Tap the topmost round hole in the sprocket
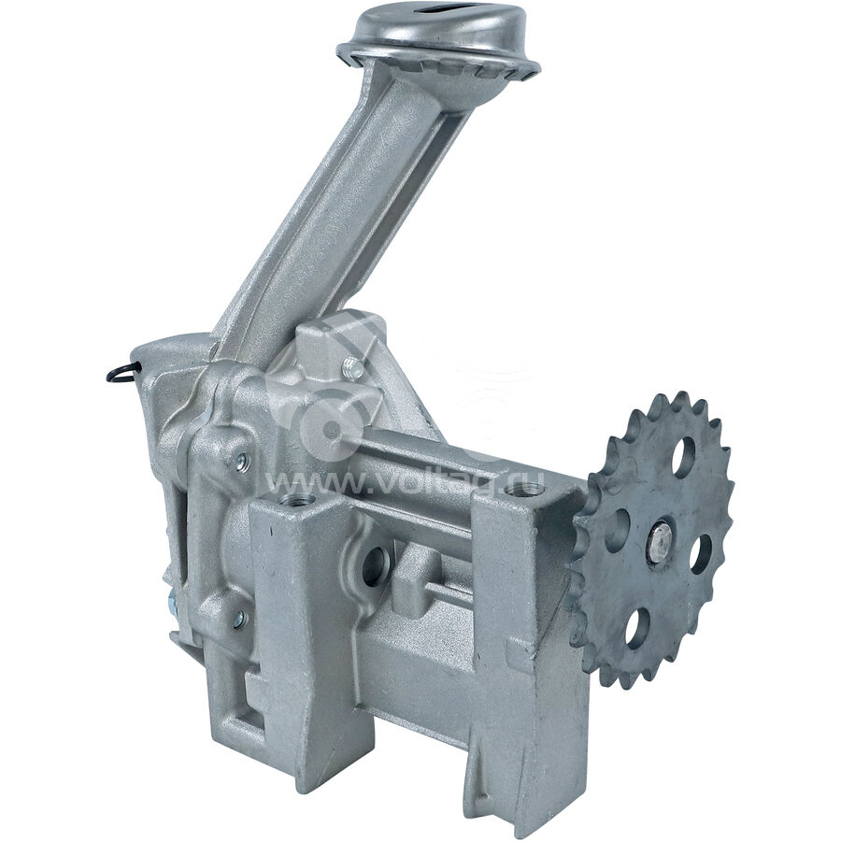pos(684,458)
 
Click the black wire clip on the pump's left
pos(124,371)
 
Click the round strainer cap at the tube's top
pos(438,50)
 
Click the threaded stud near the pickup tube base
pos(353,367)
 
